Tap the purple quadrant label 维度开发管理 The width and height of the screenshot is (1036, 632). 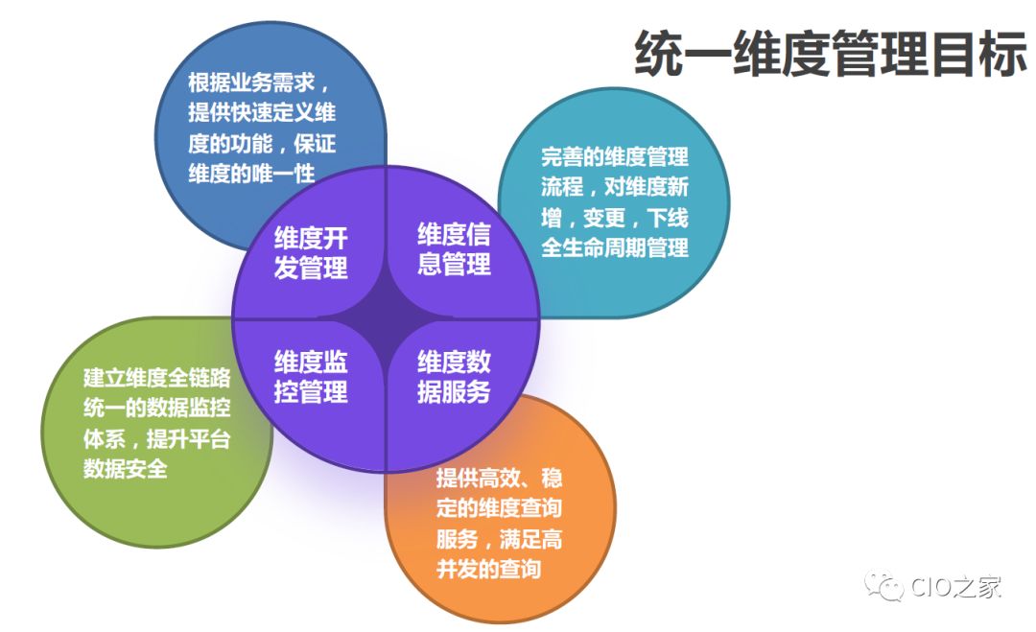pos(311,252)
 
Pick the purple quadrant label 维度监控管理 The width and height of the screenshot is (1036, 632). pos(311,377)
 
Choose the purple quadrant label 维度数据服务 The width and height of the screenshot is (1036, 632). pos(454,376)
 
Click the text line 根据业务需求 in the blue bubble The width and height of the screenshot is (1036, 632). pos(258,81)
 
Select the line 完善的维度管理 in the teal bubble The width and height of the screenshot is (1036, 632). pos(615,157)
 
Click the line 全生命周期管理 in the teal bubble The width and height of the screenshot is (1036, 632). pos(615,247)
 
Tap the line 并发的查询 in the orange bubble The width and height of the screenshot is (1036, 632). pos(488,569)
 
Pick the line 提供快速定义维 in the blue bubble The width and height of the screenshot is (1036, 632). pos(261,112)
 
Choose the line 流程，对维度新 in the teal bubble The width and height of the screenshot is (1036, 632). pos(615,187)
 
